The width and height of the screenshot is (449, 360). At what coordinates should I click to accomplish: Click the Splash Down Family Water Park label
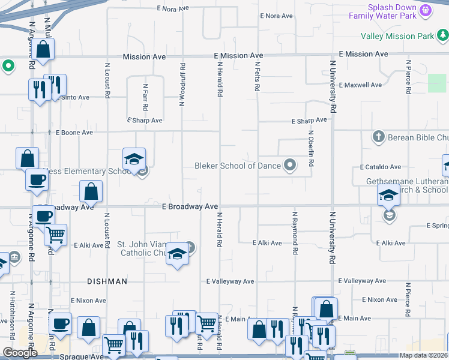click(x=392, y=11)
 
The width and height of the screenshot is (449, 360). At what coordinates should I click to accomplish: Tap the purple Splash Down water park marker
click(x=426, y=10)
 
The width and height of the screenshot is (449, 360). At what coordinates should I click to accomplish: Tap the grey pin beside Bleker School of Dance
click(x=291, y=164)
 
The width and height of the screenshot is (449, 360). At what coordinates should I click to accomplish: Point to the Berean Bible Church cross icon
click(x=378, y=137)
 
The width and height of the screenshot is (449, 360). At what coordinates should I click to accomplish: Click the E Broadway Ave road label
click(x=190, y=206)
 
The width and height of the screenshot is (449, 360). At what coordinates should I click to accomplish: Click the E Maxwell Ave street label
click(x=360, y=85)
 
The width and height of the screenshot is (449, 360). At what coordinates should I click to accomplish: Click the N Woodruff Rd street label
click(x=182, y=84)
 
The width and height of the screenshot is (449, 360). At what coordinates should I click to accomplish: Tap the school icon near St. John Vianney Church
click(x=178, y=254)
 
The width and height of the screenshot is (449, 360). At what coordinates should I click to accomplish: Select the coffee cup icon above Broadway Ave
click(x=37, y=179)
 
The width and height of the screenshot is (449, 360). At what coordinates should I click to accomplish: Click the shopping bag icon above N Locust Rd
click(x=91, y=192)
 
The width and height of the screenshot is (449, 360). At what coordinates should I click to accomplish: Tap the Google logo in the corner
click(x=20, y=353)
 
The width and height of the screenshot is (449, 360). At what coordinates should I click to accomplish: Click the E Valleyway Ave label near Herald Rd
click(x=230, y=281)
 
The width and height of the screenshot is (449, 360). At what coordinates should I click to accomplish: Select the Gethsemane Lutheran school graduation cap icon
click(x=388, y=194)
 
